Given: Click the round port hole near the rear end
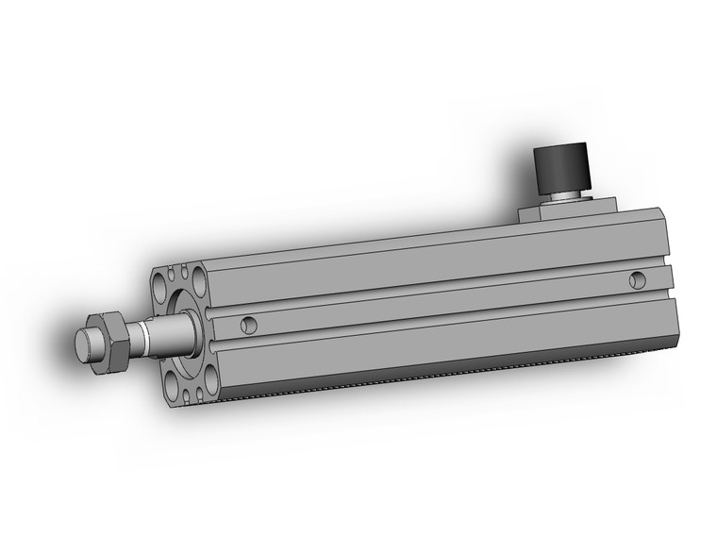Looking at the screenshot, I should [639, 279].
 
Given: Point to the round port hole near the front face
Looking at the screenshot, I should [249, 325].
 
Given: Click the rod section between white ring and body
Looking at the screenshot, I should [170, 332].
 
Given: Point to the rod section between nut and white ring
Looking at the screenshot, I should [132, 335].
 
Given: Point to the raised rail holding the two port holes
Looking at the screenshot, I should [434, 302].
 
